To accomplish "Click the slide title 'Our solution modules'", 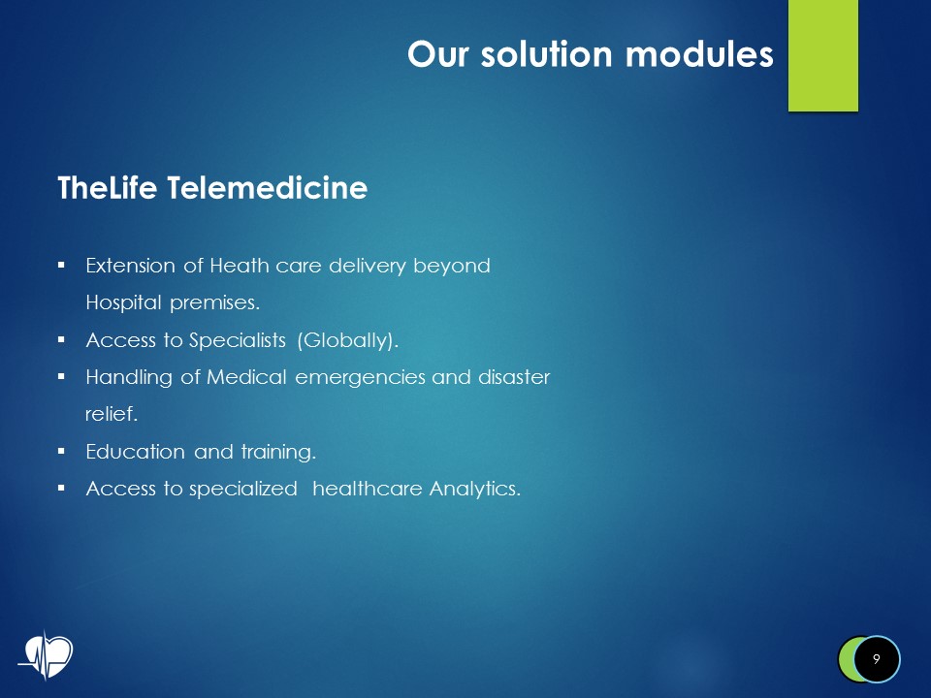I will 590,54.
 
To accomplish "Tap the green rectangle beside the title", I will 822,55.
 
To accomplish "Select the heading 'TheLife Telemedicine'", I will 212,188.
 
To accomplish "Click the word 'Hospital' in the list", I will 124,302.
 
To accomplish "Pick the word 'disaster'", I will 512,377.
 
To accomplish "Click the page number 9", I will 876,659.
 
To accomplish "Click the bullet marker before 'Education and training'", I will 61,451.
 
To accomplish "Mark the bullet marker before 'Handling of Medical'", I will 61,376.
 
